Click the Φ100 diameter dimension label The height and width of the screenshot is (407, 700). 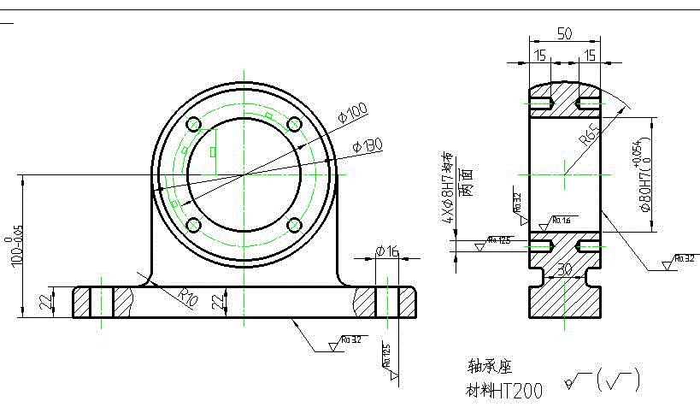coord(353,113)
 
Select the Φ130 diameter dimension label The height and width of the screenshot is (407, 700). coord(367,146)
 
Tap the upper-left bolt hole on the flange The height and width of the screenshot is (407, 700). coord(193,123)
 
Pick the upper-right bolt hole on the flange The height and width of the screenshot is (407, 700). coord(295,123)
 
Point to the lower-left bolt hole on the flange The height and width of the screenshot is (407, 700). coord(193,225)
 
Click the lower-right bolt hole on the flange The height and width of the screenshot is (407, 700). coord(295,225)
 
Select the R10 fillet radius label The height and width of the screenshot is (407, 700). coord(188,296)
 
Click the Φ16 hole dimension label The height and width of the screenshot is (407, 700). coord(387,251)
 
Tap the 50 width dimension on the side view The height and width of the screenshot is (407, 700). coord(565,33)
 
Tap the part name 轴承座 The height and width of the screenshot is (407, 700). coord(488,367)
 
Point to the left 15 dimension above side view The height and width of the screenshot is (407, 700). coord(540,56)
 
